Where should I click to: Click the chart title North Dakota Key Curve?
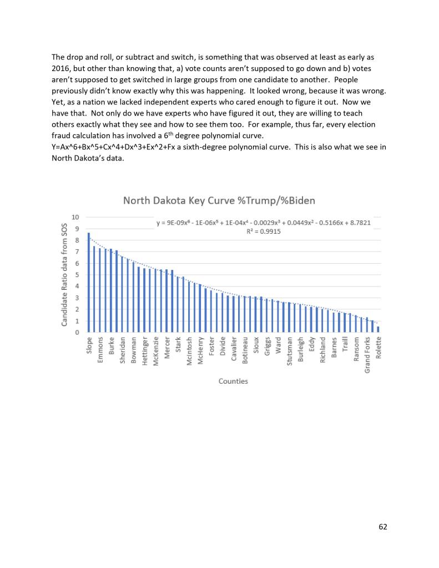point(219,200)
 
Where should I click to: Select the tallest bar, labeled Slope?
point(89,283)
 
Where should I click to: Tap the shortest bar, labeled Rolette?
point(379,329)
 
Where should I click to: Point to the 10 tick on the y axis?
point(75,217)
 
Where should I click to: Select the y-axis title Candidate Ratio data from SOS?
point(64,275)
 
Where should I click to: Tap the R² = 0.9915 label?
point(264,232)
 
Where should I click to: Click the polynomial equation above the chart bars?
point(264,223)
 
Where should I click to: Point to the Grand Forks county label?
point(367,355)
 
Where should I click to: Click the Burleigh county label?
point(300,350)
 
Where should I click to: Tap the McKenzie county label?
point(156,351)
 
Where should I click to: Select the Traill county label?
point(345,346)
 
